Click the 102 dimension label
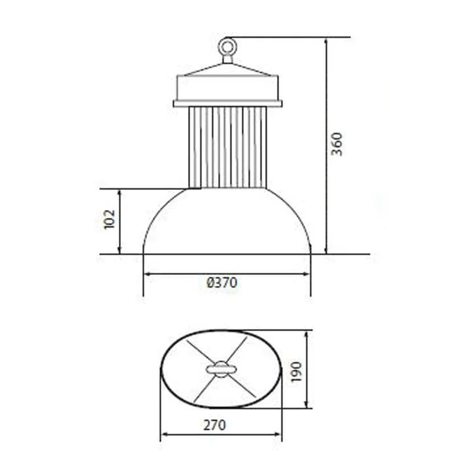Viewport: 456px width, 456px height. point(110,219)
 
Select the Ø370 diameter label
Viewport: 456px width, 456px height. point(222,283)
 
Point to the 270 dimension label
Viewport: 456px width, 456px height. point(214,425)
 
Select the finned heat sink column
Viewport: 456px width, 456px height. point(227,147)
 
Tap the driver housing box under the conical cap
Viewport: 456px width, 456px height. point(227,88)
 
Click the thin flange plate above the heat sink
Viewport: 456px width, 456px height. point(227,104)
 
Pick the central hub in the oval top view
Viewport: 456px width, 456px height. point(221,369)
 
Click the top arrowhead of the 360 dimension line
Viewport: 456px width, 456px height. point(326,41)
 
